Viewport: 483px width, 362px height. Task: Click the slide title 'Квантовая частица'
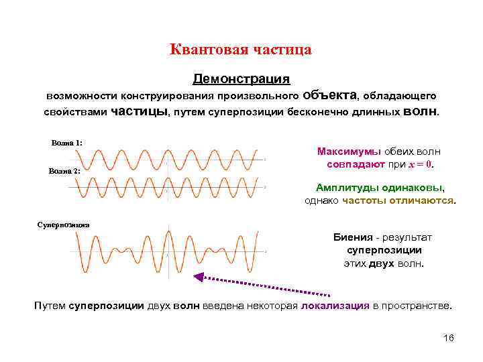[241, 50]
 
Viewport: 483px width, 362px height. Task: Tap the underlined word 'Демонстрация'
[241, 79]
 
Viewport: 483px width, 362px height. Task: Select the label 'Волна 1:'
[66, 143]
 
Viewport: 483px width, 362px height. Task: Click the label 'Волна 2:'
[64, 171]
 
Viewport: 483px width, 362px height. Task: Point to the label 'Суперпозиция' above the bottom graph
[63, 224]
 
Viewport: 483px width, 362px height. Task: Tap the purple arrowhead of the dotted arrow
[199, 276]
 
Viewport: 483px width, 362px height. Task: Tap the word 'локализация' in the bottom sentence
[335, 306]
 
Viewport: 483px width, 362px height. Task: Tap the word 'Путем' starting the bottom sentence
[50, 306]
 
